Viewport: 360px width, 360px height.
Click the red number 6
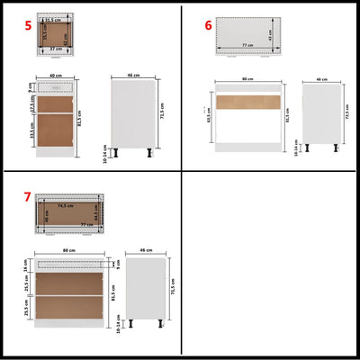[208, 26]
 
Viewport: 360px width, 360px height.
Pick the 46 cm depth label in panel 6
[322, 80]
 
